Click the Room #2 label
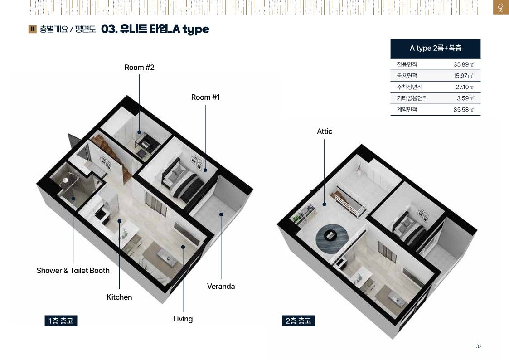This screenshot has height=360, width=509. [139, 67]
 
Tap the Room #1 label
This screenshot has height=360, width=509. [205, 97]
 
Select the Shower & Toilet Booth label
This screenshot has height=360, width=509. [73, 270]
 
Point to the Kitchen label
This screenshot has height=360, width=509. [119, 297]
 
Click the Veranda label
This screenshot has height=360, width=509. [221, 286]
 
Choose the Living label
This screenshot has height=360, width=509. [183, 319]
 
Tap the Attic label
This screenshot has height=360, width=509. [324, 131]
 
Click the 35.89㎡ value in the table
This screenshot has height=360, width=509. [464, 64]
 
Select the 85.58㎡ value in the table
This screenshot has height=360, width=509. [464, 109]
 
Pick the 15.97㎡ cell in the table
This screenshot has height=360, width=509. [463, 76]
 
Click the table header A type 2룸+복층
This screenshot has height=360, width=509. [435, 49]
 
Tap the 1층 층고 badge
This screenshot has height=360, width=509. [61, 321]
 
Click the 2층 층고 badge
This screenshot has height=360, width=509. [298, 321]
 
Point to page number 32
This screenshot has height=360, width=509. [479, 346]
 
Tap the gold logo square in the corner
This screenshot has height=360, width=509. [501, 7]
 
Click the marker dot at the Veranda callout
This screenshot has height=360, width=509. [221, 214]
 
